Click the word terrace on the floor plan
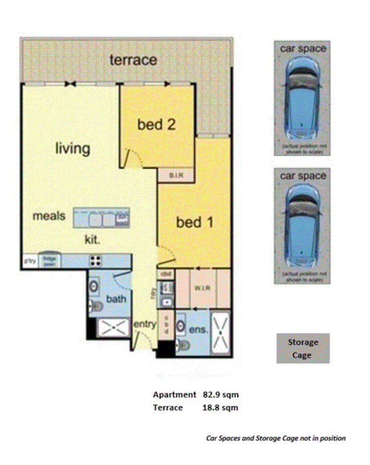coord(133,60)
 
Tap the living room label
coord(72,148)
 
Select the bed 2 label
coord(156,124)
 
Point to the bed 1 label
coord(195,223)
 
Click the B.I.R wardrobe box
coord(176,175)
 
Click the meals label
coord(49,215)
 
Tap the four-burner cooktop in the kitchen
coord(94,261)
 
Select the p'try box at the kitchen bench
coord(30,261)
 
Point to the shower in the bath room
coord(114,328)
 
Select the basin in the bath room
coord(94,286)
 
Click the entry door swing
coord(142,339)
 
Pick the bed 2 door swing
coord(130,158)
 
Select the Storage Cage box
coord(303,349)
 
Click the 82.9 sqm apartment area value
coord(220,394)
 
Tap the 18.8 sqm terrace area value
coord(220,408)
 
